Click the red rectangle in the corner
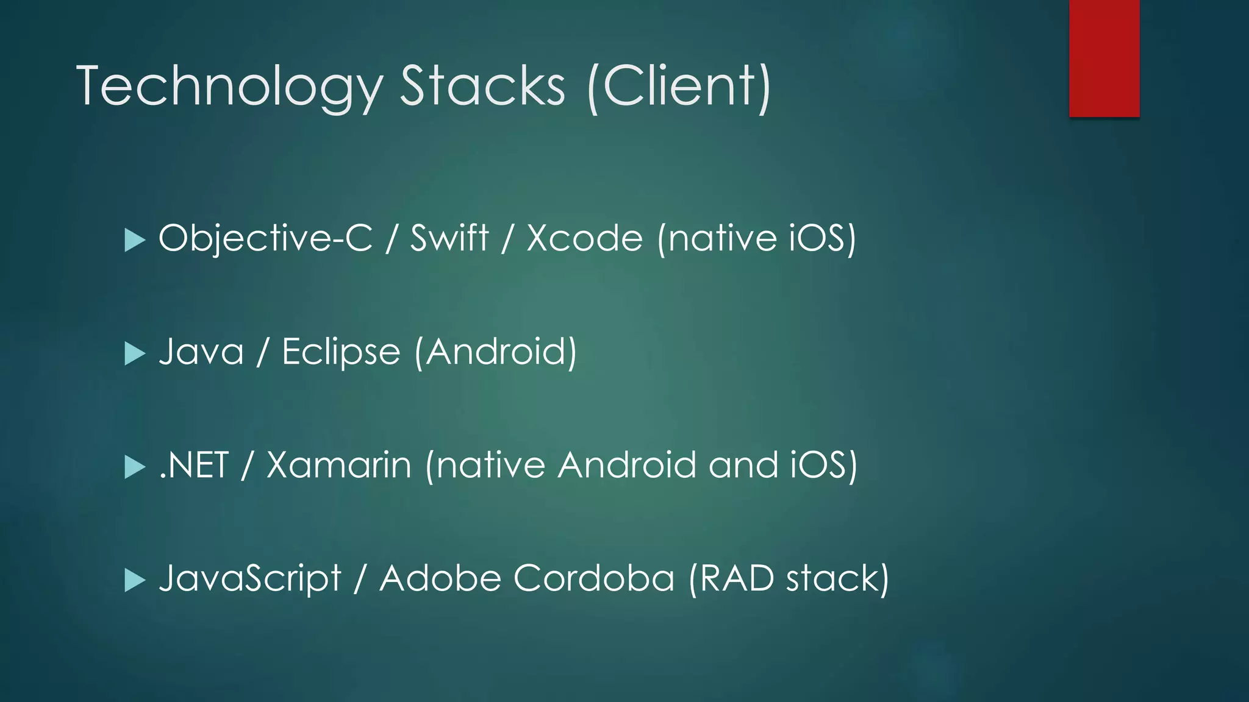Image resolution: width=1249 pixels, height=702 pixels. click(x=1104, y=58)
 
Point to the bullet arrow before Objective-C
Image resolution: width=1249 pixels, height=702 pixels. click(x=134, y=239)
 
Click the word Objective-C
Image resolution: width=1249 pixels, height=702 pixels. click(x=265, y=238)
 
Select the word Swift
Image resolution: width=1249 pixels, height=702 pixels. click(x=449, y=237)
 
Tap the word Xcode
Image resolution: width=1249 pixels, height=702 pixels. click(x=584, y=237)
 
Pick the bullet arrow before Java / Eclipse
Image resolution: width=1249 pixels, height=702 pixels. click(x=134, y=353)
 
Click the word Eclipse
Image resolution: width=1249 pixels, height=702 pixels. click(x=341, y=352)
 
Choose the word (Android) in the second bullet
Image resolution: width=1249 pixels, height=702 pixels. click(x=495, y=352)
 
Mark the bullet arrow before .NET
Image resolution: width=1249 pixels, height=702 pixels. click(x=134, y=467)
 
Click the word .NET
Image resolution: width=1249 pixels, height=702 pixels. click(x=193, y=465)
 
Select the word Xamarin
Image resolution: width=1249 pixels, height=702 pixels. click(x=339, y=465)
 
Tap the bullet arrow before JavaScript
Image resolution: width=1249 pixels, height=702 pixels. click(x=134, y=580)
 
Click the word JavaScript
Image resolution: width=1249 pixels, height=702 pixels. click(x=249, y=578)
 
